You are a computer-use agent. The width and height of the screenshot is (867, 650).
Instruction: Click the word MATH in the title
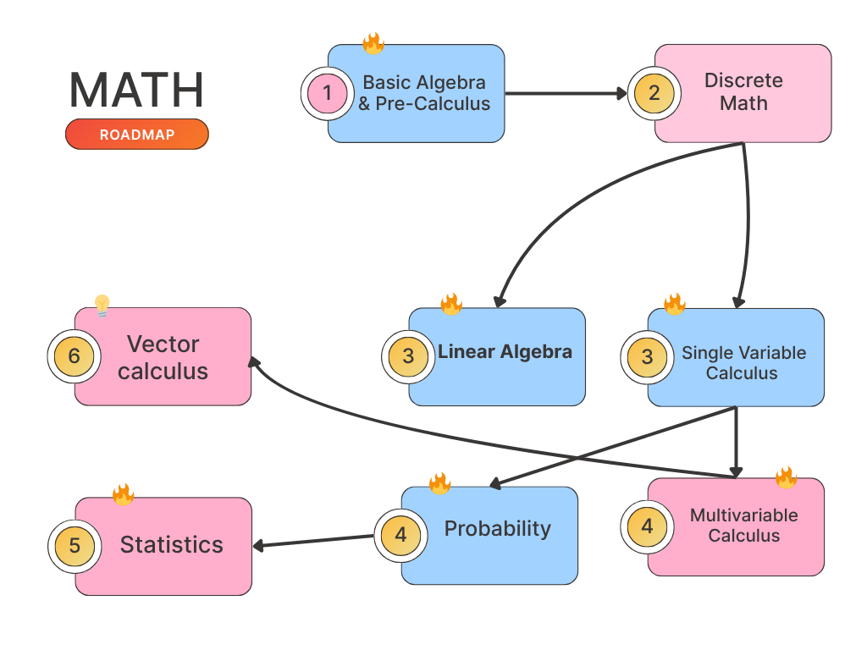click(136, 90)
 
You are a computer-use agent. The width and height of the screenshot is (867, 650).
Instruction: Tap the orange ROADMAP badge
click(136, 135)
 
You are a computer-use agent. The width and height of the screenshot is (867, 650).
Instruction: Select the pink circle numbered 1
click(328, 93)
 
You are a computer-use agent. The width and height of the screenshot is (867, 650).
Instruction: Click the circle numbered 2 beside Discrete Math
click(653, 93)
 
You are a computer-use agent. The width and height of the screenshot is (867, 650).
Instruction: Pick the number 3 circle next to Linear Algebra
click(408, 356)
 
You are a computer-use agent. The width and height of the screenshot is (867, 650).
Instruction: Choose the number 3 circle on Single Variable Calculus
click(647, 357)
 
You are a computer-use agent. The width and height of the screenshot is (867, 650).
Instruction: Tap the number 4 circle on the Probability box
click(400, 535)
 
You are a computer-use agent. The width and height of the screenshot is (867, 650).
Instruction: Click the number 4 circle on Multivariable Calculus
click(647, 526)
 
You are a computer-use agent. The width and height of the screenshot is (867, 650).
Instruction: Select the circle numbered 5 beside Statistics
click(75, 546)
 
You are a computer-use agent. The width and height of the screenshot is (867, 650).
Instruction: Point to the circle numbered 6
click(74, 356)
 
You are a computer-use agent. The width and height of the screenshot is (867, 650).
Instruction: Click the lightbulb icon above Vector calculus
click(102, 306)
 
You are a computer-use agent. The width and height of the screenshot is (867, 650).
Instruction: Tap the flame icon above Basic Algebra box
click(373, 43)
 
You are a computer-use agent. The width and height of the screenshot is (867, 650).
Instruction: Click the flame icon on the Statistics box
click(123, 494)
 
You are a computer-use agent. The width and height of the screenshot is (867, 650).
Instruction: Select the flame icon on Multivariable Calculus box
click(786, 477)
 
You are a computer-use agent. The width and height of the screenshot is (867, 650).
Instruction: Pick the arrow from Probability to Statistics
click(313, 541)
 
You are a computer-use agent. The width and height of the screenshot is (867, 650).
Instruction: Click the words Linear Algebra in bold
click(505, 352)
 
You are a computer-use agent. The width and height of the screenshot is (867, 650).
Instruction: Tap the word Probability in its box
click(497, 529)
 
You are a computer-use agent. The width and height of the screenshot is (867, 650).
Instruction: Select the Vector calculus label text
click(163, 357)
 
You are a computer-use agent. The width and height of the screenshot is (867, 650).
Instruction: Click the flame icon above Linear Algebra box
click(450, 304)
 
